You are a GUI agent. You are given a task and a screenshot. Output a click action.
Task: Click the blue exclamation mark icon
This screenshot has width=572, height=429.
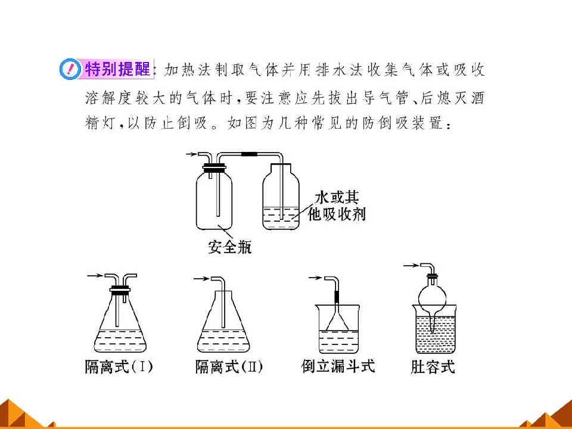(70, 69)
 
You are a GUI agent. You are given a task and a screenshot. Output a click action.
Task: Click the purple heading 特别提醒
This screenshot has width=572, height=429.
(117, 69)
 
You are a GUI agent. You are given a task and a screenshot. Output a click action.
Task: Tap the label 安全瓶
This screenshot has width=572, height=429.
(229, 247)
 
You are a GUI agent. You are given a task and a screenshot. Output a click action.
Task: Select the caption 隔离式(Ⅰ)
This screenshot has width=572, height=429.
(119, 366)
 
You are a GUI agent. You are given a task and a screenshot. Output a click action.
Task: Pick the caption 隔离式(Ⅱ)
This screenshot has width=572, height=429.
(229, 366)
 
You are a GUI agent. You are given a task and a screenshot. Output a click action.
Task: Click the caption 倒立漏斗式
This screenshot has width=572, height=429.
(338, 366)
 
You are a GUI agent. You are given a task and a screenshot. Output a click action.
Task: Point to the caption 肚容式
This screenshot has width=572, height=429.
(433, 366)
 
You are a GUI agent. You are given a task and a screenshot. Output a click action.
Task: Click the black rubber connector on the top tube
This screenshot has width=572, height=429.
(250, 154)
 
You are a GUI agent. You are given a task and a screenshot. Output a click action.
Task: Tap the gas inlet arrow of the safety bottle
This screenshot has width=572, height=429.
(192, 154)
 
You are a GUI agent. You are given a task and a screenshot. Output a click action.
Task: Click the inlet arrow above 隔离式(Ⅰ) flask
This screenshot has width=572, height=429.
(95, 276)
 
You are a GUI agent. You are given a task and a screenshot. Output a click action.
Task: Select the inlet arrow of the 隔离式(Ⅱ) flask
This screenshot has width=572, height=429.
(201, 279)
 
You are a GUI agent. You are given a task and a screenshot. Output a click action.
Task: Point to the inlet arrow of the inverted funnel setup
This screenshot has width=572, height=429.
(316, 278)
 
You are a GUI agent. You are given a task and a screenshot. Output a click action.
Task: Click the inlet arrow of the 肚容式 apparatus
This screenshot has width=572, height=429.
(411, 266)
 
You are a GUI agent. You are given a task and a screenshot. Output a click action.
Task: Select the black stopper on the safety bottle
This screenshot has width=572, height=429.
(214, 169)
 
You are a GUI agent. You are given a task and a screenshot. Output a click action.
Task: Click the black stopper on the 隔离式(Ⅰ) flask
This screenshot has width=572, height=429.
(120, 291)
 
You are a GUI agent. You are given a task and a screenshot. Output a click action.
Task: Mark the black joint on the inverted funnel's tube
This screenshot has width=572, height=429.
(337, 297)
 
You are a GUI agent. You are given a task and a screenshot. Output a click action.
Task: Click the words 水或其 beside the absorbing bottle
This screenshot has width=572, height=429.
(337, 197)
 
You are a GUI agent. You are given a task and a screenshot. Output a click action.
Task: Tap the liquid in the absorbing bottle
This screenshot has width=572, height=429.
(281, 218)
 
